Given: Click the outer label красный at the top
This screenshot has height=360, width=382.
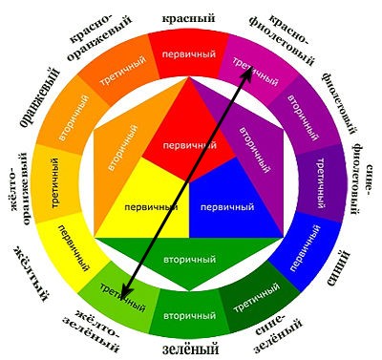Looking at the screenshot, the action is pyautogui.click(x=188, y=18).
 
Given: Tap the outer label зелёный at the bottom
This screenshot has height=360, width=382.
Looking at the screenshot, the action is pyautogui.click(x=190, y=349).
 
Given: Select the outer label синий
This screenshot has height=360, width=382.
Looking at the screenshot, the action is pyautogui.click(x=338, y=268).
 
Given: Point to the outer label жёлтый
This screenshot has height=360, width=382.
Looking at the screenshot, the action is pyautogui.click(x=32, y=273).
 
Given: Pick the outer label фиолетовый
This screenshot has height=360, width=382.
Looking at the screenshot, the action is pyautogui.click(x=340, y=103).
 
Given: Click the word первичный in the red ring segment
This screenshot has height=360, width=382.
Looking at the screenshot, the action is pyautogui.click(x=189, y=53).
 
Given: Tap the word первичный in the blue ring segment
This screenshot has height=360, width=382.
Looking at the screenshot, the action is pyautogui.click(x=306, y=248).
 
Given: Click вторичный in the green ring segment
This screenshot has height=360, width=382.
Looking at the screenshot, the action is pyautogui.click(x=189, y=316).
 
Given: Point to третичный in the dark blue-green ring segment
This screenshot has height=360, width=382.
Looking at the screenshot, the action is pyautogui.click(x=257, y=298).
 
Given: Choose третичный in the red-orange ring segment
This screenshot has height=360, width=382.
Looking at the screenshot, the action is pyautogui.click(x=123, y=71).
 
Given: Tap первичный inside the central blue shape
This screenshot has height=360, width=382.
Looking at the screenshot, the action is pyautogui.click(x=227, y=207).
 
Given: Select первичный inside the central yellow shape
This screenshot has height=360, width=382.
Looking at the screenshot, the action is pyautogui.click(x=151, y=207).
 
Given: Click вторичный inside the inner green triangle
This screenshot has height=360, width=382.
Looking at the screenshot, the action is pyautogui.click(x=189, y=260).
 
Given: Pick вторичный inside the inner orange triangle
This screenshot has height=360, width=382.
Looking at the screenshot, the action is pyautogui.click(x=122, y=148).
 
